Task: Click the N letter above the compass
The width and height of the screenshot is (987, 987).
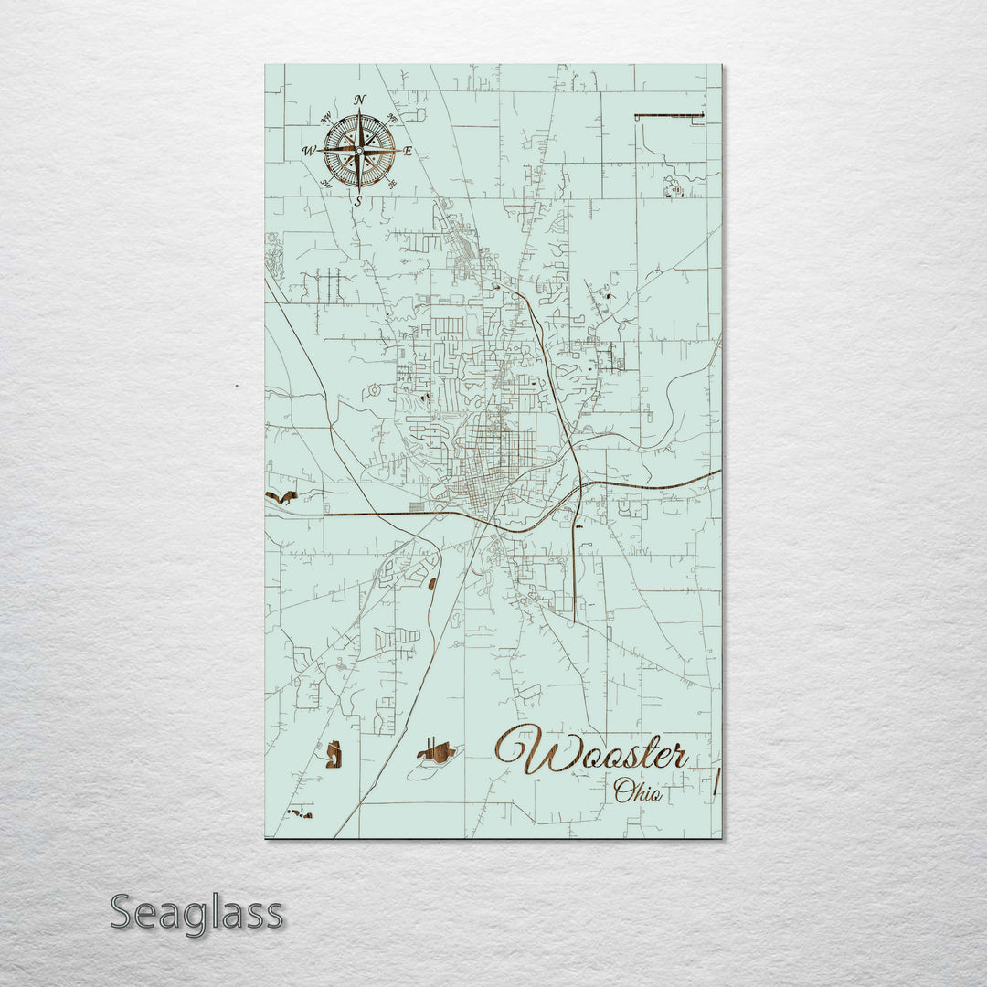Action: [x=359, y=99]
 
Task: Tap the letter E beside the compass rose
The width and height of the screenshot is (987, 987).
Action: [x=409, y=151]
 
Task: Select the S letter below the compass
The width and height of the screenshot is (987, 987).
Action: [x=358, y=200]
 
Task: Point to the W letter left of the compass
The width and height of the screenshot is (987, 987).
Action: [x=310, y=151]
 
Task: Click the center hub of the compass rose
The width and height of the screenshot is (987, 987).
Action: [x=359, y=149]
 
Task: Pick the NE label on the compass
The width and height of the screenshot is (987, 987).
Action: [x=392, y=118]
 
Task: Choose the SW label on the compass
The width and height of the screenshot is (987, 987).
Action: [x=326, y=183]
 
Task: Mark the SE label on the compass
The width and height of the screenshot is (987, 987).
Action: [x=392, y=183]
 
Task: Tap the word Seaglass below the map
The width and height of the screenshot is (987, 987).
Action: [x=196, y=913]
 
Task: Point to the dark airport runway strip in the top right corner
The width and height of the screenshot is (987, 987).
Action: [x=669, y=115]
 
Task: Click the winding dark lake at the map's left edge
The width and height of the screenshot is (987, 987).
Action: [x=282, y=498]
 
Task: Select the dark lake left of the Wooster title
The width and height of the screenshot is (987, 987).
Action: [x=437, y=753]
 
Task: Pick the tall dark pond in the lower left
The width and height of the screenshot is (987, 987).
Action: [x=334, y=754]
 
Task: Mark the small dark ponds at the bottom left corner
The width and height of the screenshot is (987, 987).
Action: [x=299, y=812]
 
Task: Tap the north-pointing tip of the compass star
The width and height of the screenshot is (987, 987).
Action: [x=359, y=112]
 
